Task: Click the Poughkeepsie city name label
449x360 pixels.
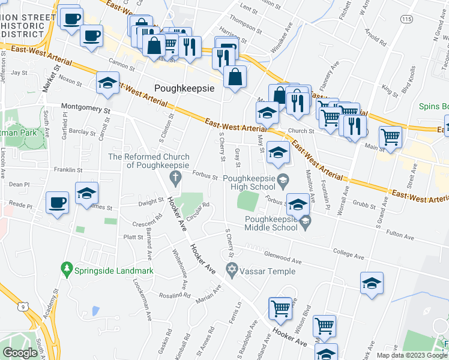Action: coord(184,88)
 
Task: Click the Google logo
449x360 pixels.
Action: coord(20,353)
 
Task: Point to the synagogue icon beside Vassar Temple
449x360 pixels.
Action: coord(230,271)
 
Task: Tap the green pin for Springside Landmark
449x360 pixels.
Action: coord(66,271)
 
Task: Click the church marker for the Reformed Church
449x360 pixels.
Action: coord(175,176)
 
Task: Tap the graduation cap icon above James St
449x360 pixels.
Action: coord(87,194)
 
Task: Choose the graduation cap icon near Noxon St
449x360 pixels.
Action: coord(107,83)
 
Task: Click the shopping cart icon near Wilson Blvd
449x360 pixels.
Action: coord(280,308)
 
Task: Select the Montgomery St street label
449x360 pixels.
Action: coord(86,110)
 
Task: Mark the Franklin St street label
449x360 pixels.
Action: coord(67,170)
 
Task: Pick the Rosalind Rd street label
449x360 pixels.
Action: coord(175,295)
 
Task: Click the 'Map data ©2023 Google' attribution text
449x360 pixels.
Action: coord(412,355)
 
